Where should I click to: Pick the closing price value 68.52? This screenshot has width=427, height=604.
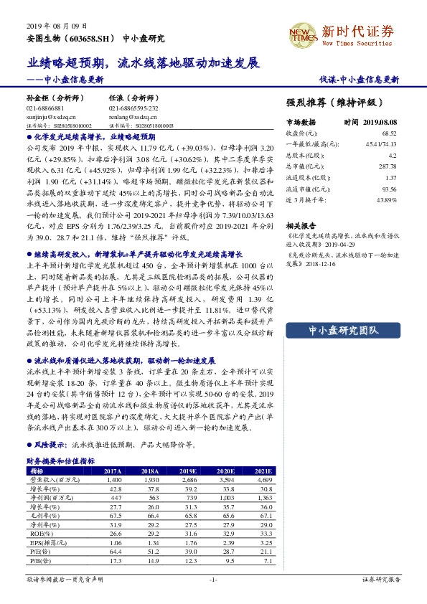[x=389, y=133]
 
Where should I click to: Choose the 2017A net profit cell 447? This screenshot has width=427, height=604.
[x=113, y=497]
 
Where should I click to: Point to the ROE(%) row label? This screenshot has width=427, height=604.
[x=37, y=534]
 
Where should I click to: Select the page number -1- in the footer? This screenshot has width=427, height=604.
[x=213, y=578]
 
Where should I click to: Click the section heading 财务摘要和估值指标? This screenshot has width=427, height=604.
[x=60, y=461]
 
